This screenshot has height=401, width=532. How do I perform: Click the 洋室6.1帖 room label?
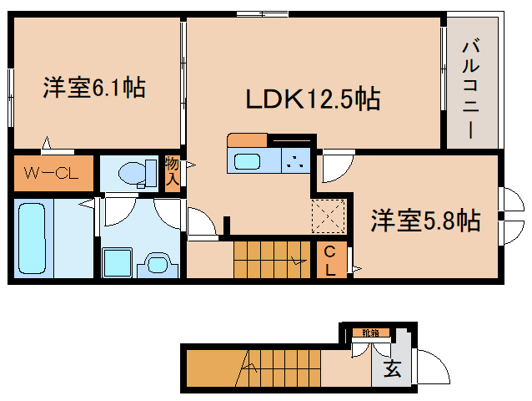click(94, 86)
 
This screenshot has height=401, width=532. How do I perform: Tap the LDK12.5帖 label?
click(312, 99)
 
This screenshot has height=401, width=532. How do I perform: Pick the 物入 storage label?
click(172, 171)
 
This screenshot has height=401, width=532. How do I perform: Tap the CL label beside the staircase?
click(330, 261)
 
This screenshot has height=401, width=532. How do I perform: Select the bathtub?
click(33, 237)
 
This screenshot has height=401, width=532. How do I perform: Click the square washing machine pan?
click(117, 262)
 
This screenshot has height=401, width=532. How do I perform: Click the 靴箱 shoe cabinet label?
click(370, 333)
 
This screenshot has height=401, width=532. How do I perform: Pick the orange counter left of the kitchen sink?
click(247, 140)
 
